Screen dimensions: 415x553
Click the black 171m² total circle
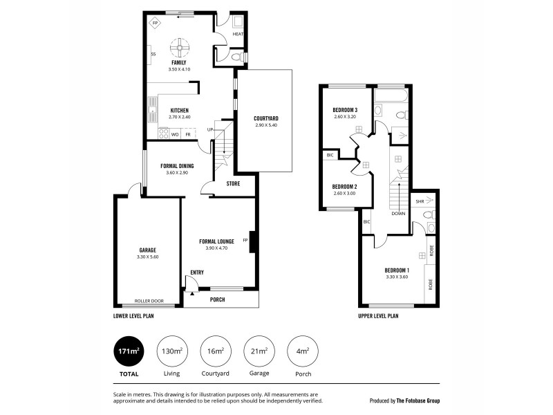pos(128,352)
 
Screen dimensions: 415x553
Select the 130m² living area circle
pos(171,352)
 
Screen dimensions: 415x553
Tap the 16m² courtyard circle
pos(215,352)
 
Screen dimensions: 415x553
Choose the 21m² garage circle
pos(259,352)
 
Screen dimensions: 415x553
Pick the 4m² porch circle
pos(303,352)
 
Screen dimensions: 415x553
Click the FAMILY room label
pos(180,63)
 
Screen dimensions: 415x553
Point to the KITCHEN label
pos(180,111)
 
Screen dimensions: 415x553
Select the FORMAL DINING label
pos(177,166)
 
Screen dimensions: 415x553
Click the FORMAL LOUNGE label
pos(217,241)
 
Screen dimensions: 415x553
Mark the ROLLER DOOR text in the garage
pos(148,302)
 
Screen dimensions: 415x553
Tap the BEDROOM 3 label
pos(345,111)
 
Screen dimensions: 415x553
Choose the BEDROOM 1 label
pos(397,270)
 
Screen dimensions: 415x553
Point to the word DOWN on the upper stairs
pos(398,214)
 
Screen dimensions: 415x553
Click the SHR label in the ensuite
pos(420,201)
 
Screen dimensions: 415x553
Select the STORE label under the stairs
pos(233,183)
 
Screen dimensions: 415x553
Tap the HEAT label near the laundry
pos(238,34)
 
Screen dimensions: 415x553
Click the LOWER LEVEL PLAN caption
pos(133,315)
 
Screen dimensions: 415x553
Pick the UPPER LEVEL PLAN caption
pos(378,315)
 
